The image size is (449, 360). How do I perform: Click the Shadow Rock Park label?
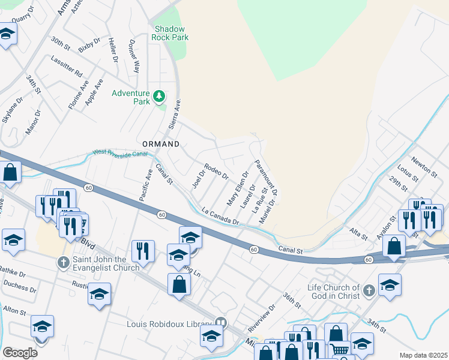pos(171,33)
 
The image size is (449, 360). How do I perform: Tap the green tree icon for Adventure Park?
pos(160,96)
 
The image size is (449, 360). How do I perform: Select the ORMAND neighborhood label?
pos(161,145)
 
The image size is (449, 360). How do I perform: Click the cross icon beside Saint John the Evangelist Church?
pos(63,263)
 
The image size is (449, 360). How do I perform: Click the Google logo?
pos(20,352)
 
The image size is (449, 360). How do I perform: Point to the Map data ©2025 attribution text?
pos(423,355)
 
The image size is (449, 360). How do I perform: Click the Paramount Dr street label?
pos(265,178)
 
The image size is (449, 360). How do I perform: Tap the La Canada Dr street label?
pos(220,217)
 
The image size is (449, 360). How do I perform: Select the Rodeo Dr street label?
pos(216,172)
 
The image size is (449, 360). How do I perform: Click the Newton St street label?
pos(424,167)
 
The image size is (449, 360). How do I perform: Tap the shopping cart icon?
pos(339,350)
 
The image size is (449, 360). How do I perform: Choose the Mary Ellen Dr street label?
pos(237,187)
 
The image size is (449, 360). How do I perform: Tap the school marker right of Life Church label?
pos(390,285)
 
